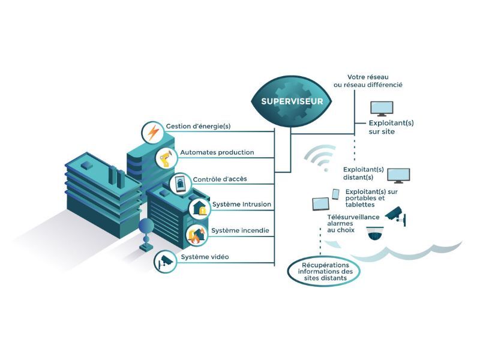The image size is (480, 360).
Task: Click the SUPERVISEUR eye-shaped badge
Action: (x=292, y=101)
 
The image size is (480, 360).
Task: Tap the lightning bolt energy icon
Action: (x=152, y=132)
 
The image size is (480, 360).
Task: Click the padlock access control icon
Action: (x=180, y=184)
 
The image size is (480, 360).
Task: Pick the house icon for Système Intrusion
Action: (x=199, y=208)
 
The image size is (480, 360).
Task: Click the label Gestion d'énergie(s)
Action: (x=197, y=127)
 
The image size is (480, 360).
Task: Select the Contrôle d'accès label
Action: (x=220, y=179)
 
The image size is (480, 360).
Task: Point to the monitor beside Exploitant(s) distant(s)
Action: (x=398, y=176)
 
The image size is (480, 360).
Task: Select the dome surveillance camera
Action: (x=376, y=234)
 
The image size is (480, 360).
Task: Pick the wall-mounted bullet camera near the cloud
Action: (x=395, y=215)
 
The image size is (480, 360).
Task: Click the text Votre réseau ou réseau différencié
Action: (x=375, y=81)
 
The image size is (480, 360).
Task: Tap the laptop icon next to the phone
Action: (x=320, y=204)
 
